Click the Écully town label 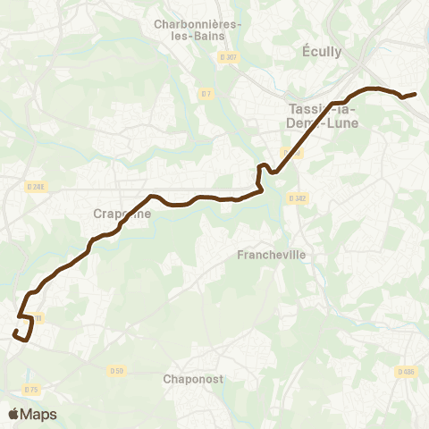click(x=323, y=52)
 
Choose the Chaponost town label click(x=191, y=378)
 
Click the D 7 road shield click(x=206, y=93)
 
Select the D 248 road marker click(x=35, y=186)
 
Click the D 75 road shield click(x=32, y=389)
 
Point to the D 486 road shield click(x=407, y=371)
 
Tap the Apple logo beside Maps click(x=13, y=414)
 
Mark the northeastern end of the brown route click(x=416, y=94)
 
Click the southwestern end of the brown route click(x=15, y=332)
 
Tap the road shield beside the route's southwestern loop click(x=38, y=316)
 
